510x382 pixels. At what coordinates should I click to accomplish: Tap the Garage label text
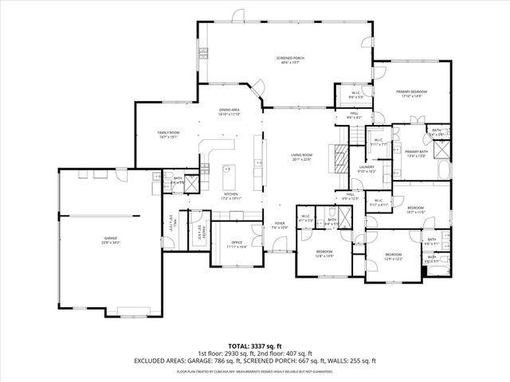[x=110, y=240]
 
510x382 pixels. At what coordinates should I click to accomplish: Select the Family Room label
[x=167, y=134]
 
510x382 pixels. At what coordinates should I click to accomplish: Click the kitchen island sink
[x=227, y=170]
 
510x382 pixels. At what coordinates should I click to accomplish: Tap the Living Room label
[x=300, y=157]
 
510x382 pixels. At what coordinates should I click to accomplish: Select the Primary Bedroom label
[x=413, y=94]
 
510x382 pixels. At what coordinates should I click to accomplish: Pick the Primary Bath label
[x=417, y=154]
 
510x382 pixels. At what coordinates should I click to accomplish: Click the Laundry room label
[x=366, y=169]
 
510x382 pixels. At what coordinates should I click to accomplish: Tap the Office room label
[x=237, y=244]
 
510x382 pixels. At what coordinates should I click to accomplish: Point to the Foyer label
[x=280, y=225]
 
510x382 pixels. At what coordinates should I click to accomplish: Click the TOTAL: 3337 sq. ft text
[x=255, y=345]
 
